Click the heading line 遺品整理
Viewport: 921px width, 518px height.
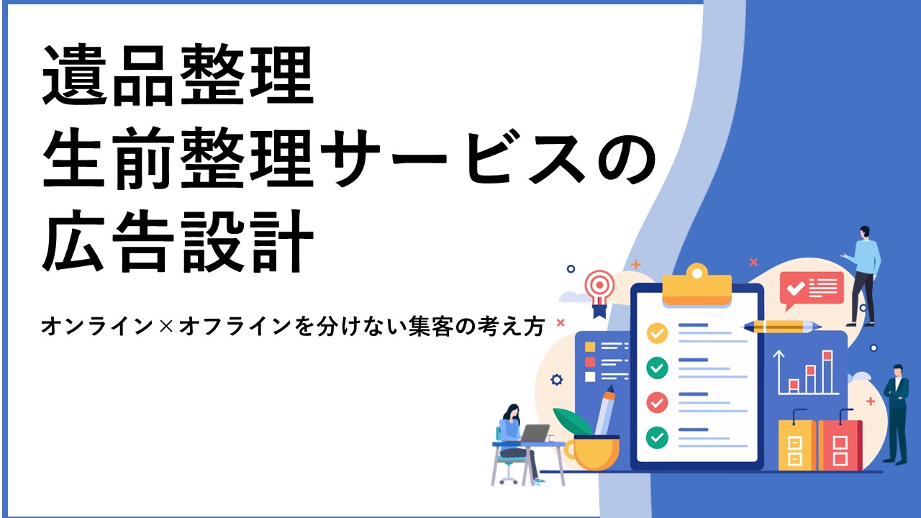pyautogui.click(x=178, y=75)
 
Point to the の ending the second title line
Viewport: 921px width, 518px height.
pyautogui.click(x=626, y=158)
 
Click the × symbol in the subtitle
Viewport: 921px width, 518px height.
pyautogui.click(x=166, y=327)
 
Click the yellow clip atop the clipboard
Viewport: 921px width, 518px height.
pyautogui.click(x=697, y=285)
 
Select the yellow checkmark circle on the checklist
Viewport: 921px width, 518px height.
pyautogui.click(x=657, y=332)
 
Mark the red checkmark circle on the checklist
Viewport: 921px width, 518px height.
pyautogui.click(x=657, y=402)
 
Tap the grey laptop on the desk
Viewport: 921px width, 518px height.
pyautogui.click(x=534, y=433)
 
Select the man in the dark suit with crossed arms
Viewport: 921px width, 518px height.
pyautogui.click(x=897, y=414)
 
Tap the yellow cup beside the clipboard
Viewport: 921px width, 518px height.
pyautogui.click(x=592, y=453)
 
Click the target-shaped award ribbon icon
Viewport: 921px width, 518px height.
pyautogui.click(x=599, y=293)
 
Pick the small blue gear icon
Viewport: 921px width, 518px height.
pyautogui.click(x=556, y=379)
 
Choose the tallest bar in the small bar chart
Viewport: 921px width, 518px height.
pyautogui.click(x=827, y=372)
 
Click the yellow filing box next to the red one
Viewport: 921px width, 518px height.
pyautogui.click(x=797, y=445)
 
